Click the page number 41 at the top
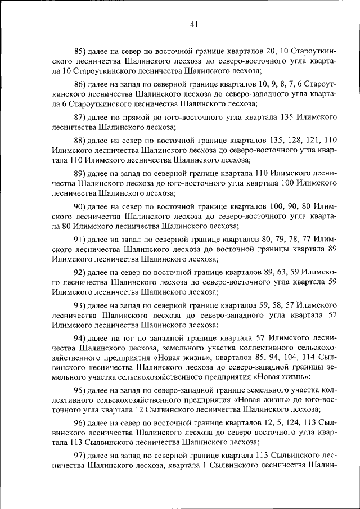pyautogui.click(x=195, y=24)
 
